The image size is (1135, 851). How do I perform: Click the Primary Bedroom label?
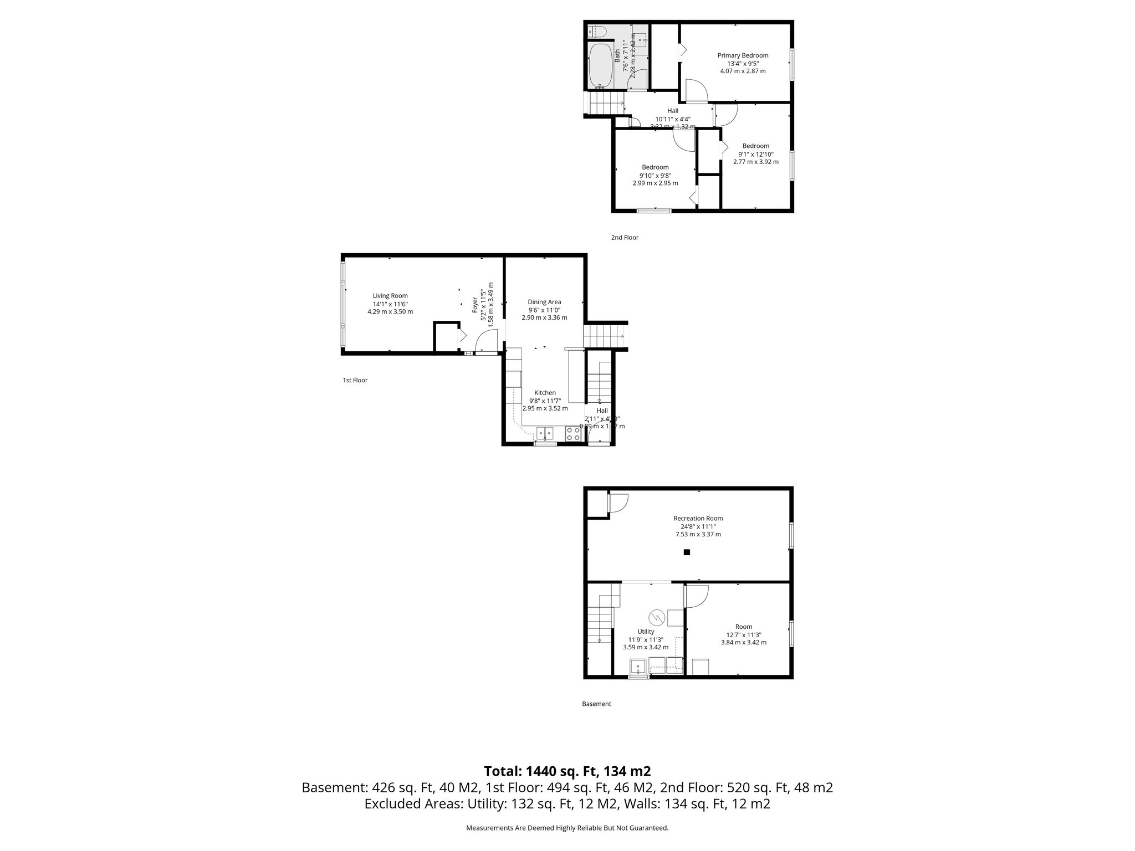(x=743, y=55)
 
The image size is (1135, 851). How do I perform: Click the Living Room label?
(x=390, y=296)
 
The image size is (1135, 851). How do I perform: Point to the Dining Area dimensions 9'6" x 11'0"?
(x=544, y=310)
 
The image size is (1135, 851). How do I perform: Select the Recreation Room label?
(x=698, y=519)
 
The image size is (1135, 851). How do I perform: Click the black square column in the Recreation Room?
(x=687, y=552)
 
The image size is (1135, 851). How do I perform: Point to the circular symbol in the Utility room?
(x=657, y=616)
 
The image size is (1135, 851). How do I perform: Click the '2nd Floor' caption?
(x=625, y=238)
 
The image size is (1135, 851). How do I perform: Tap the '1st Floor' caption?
(x=355, y=381)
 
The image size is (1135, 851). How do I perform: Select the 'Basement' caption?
(x=596, y=704)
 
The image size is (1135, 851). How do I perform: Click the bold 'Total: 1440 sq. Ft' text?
(x=567, y=771)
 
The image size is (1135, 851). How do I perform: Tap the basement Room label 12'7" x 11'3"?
(x=743, y=635)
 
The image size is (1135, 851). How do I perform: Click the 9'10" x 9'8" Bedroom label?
(x=655, y=175)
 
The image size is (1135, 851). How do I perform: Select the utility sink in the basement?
(x=638, y=667)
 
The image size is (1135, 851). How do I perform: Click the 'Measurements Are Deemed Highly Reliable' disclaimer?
(x=567, y=828)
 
